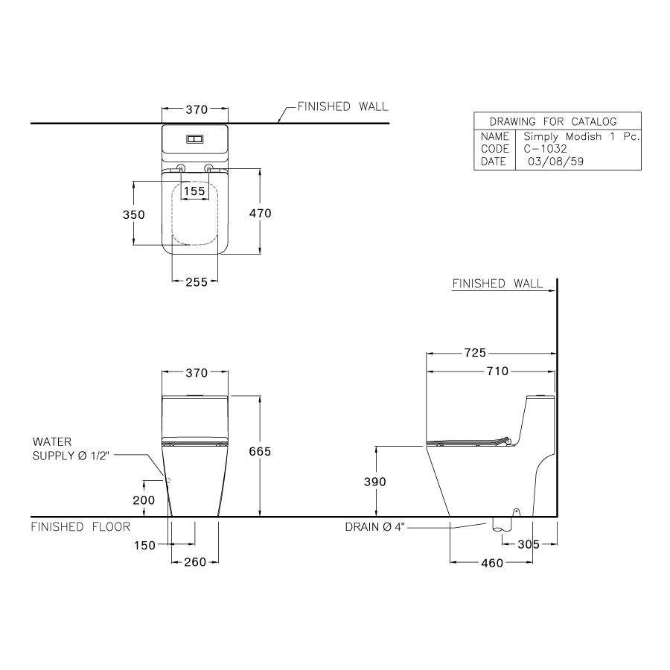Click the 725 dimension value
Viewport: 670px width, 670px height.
475,353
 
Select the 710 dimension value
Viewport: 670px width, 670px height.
498,371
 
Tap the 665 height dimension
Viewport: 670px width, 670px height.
260,452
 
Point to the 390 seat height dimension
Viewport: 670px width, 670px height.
374,482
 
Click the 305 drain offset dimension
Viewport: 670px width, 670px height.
529,544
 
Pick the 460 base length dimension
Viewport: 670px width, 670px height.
492,564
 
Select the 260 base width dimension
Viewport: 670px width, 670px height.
195,562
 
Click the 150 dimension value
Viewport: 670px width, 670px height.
144,546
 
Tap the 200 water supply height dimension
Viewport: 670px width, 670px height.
144,500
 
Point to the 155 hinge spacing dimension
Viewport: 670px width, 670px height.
194,191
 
